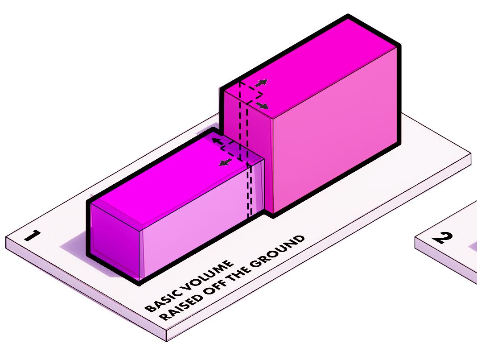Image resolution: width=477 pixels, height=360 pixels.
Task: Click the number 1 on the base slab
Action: click(33, 235)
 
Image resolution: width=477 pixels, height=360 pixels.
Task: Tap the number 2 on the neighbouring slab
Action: click(443, 238)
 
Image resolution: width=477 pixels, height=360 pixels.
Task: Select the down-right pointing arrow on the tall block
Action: click(263, 106)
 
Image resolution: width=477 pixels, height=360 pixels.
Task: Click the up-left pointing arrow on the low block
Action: click(216, 141)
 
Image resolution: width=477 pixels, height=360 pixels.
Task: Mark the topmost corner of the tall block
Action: click(348, 17)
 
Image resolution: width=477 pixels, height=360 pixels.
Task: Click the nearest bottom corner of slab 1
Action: click(167, 340)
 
